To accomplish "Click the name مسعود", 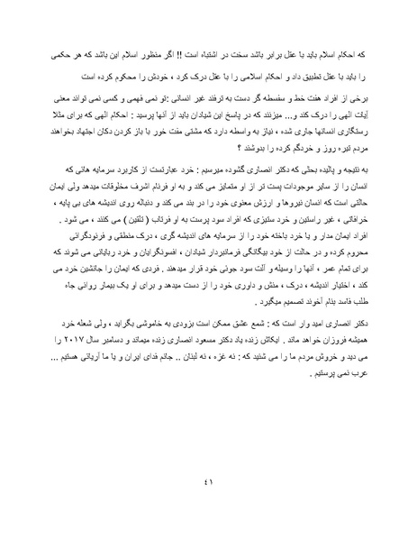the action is tap(222, 389).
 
